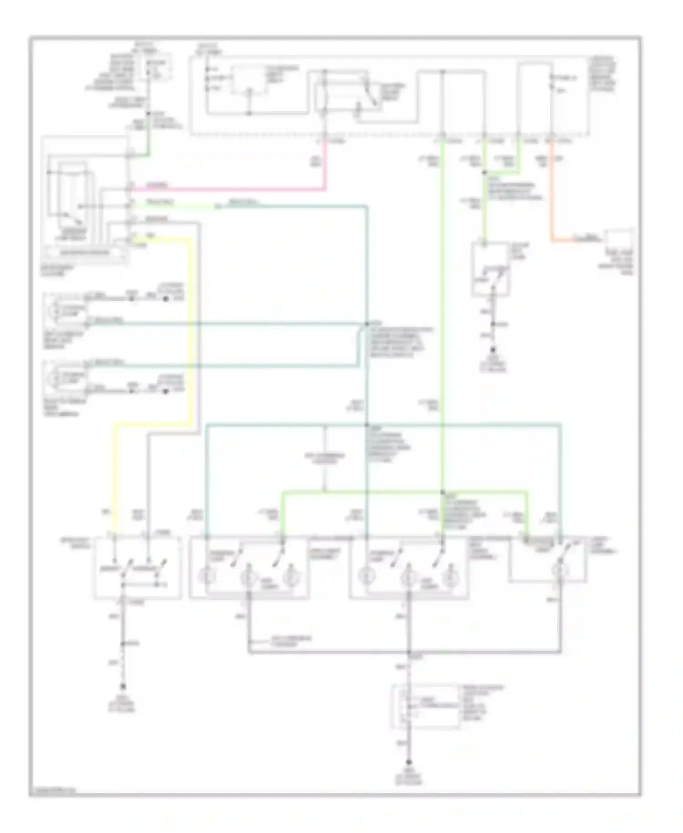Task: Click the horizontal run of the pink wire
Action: (x=228, y=189)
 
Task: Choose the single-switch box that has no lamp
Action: (x=490, y=269)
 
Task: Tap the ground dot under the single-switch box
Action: (x=492, y=350)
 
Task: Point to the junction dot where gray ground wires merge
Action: (x=409, y=653)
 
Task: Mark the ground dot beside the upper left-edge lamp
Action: (x=166, y=299)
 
